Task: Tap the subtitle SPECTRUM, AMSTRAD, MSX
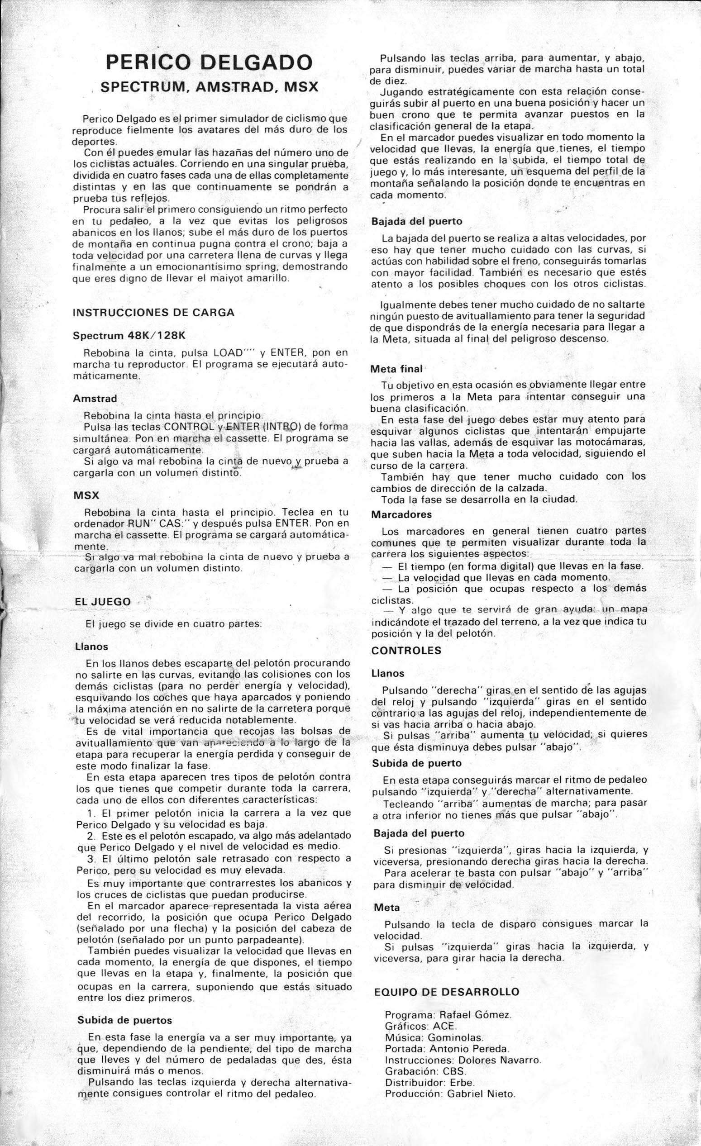point(210,87)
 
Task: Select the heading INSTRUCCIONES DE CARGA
point(153,313)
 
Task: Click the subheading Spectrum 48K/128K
point(129,335)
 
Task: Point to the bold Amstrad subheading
point(95,399)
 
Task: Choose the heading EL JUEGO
point(103,601)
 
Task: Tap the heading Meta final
point(396,369)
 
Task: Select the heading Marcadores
point(401,515)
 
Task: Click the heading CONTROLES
point(406,651)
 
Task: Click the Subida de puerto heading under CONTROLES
point(416,763)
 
